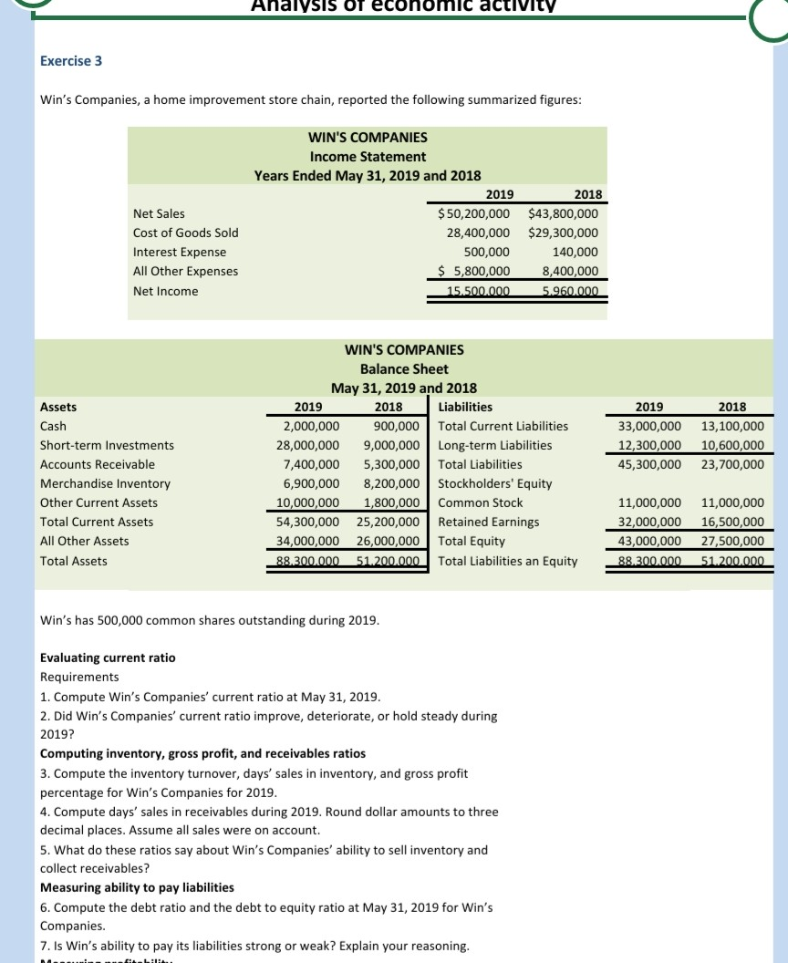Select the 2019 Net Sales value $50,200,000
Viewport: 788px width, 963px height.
[474, 213]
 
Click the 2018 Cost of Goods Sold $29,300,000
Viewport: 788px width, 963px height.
[564, 233]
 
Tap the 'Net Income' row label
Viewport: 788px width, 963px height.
[165, 291]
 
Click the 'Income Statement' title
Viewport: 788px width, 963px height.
[368, 156]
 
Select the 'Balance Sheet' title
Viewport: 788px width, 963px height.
[404, 368]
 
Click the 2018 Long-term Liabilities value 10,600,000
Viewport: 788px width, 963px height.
[732, 445]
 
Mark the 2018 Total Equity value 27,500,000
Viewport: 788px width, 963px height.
[732, 541]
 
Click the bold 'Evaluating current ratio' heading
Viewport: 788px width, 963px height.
[109, 658]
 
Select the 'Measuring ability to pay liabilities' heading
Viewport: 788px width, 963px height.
[138, 887]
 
